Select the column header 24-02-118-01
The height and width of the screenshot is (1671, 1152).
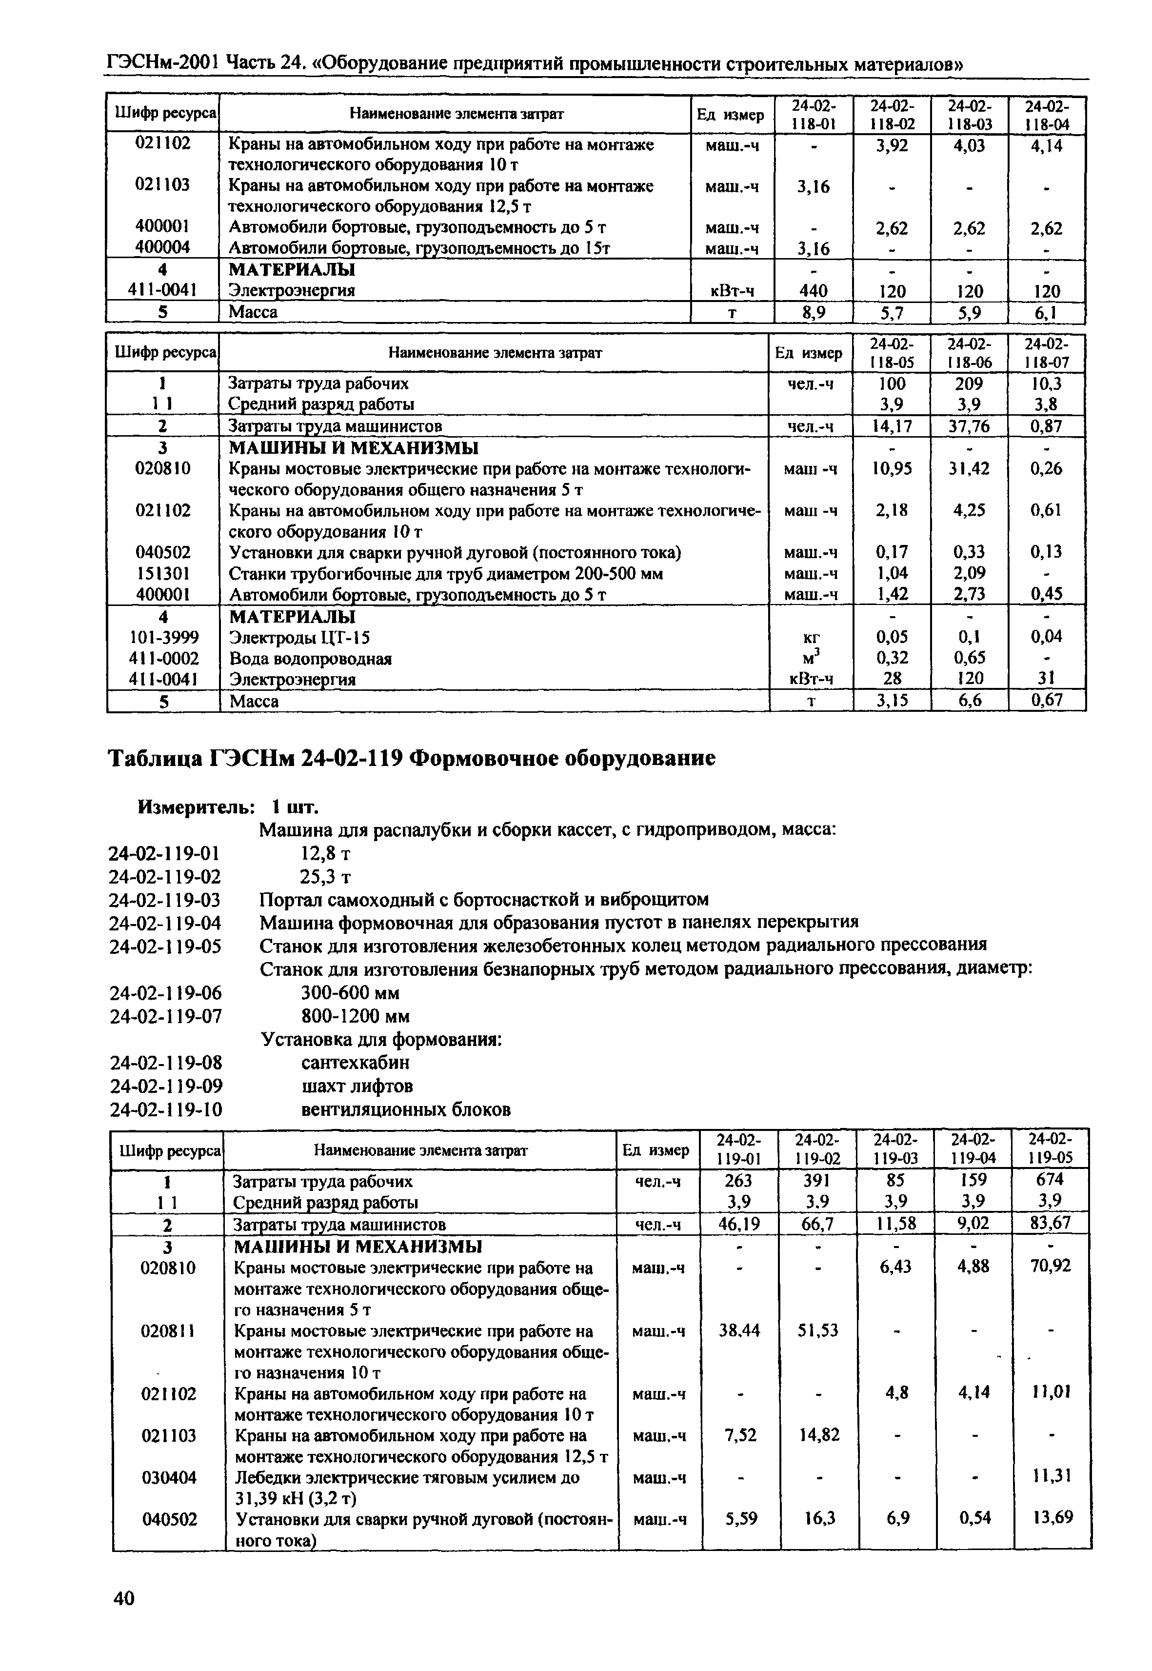coord(813,114)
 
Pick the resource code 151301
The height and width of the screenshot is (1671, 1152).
coord(163,573)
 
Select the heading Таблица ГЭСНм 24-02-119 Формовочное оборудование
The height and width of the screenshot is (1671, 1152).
coord(412,758)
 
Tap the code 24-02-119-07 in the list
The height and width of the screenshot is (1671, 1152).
coord(165,1016)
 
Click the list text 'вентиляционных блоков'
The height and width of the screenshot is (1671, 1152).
coord(406,1108)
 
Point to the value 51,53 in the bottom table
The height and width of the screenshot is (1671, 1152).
coord(818,1329)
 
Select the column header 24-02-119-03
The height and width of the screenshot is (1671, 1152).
coord(895,1149)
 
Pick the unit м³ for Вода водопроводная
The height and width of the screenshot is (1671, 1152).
coord(811,658)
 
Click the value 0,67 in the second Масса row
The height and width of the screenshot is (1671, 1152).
coord(1047,701)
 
